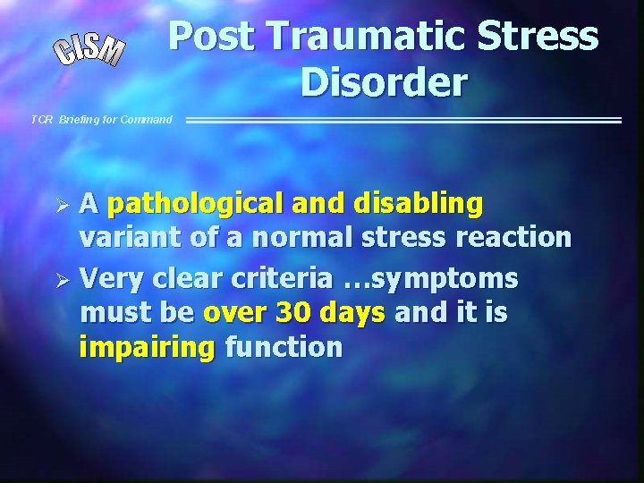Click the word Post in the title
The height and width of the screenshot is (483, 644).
click(212, 37)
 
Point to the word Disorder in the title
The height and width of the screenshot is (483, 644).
click(384, 82)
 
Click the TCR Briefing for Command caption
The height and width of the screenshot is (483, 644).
click(101, 119)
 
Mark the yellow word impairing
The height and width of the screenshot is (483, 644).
click(148, 348)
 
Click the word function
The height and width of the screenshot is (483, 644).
click(284, 346)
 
